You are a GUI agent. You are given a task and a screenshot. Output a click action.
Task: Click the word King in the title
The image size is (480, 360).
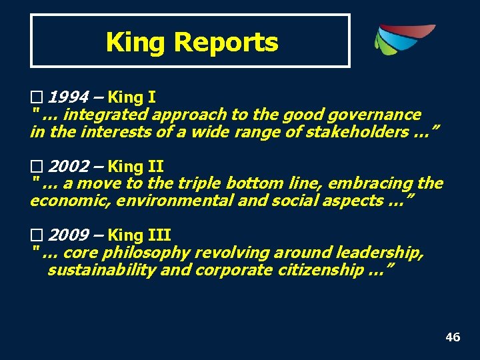(x=136, y=43)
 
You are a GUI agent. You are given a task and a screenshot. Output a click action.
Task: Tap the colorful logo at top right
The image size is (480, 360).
(x=403, y=40)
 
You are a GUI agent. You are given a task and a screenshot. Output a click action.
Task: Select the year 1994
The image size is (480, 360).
(x=68, y=97)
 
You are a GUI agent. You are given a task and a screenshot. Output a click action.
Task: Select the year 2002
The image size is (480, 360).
(x=68, y=166)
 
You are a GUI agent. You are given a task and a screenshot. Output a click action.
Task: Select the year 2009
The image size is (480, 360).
(x=68, y=235)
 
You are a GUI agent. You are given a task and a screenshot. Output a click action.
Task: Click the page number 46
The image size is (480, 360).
(x=453, y=337)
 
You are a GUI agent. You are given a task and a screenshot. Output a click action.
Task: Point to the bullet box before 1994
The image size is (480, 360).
(x=36, y=97)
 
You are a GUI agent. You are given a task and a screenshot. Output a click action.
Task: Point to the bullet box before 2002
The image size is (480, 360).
(x=36, y=166)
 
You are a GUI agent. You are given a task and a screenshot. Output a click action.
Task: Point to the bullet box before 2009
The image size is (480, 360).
(x=36, y=235)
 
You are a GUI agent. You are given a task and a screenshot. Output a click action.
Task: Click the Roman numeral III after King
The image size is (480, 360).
(x=161, y=235)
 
